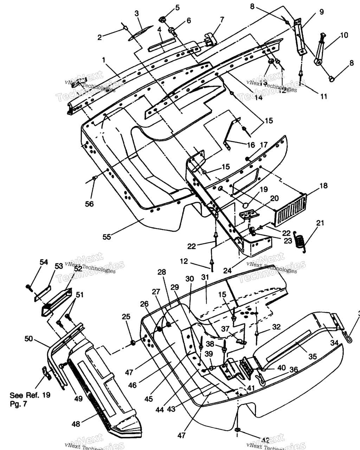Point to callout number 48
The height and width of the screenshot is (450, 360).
coord(76,424)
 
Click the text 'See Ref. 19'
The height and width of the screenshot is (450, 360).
coord(30,395)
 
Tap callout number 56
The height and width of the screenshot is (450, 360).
coord(89,204)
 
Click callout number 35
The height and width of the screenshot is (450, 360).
coord(312,357)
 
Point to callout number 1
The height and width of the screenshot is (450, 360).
coord(104,60)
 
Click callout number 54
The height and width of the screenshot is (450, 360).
coord(43,262)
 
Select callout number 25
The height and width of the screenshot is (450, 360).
coord(126,317)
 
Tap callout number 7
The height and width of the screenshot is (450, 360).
coord(222,20)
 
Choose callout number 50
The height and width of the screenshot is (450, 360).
coord(29,339)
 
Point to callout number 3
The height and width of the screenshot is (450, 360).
coord(137,13)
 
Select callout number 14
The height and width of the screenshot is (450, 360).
coord(258,98)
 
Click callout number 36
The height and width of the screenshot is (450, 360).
coord(294,369)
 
